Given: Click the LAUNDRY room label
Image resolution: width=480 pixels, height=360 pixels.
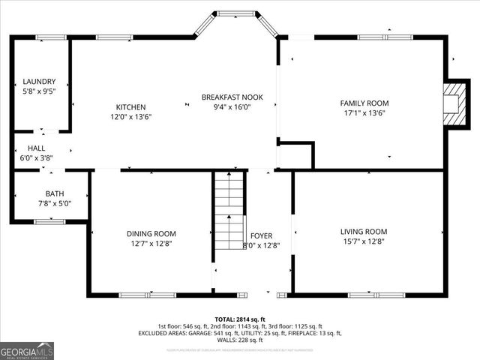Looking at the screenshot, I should coord(39,82).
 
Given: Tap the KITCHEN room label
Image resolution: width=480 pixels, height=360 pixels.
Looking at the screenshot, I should coord(130,107).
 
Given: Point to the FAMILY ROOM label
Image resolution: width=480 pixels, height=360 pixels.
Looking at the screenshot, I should coord(364,103).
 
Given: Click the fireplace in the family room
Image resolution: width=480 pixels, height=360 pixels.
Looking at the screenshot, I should coord(452,103).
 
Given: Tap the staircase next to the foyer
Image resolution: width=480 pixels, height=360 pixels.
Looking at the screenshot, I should coord(229,202).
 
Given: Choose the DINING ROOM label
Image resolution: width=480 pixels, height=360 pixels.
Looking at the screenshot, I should coord(151,233).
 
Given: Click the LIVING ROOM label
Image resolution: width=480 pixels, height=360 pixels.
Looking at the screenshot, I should coord(364,231).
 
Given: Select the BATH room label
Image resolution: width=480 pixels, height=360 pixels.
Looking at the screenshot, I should coord(55,193).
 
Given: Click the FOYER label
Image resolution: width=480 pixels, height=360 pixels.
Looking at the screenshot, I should coord(262,235).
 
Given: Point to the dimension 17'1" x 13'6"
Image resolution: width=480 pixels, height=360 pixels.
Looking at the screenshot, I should coord(364,114).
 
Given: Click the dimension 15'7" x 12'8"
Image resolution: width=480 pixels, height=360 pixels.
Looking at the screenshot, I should coord(364,241).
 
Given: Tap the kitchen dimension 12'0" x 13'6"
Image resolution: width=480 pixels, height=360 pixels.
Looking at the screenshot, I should coord(131,117).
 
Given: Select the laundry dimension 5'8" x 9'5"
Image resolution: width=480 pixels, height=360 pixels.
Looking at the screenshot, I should coord(39,91).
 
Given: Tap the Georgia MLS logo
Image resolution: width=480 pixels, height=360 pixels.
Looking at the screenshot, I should coord(27,350).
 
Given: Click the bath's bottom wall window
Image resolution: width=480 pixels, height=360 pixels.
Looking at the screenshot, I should coord(49,221).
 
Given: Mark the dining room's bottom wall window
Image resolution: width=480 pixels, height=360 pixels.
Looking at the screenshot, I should coord(148,295).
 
